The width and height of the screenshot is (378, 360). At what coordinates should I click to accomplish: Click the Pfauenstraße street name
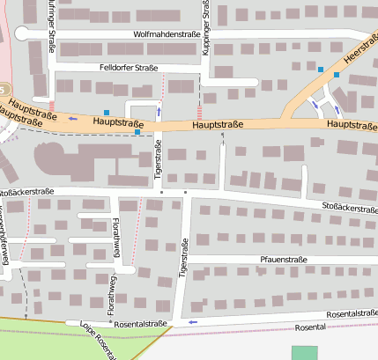click(x=285, y=260)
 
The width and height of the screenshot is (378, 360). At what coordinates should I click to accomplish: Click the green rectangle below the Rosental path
click(x=304, y=352)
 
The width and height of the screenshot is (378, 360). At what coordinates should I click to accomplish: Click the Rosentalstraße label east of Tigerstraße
click(x=352, y=314)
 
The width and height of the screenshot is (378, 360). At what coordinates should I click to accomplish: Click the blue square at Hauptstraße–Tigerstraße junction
click(x=137, y=132)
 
